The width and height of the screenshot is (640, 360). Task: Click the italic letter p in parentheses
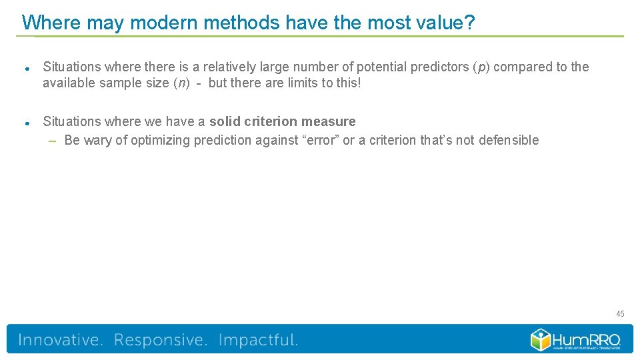pos(481,67)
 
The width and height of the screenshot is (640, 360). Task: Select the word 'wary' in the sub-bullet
pos(97,140)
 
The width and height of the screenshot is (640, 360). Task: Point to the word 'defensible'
pos(509,140)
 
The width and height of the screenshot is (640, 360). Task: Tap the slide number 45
pos(620,313)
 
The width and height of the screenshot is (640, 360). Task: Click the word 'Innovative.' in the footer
pos(61,340)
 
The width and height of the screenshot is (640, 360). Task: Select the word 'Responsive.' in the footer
pos(161,340)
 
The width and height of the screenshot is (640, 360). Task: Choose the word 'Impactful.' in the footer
pos(258,340)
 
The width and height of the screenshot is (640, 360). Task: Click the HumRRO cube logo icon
pos(541,339)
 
